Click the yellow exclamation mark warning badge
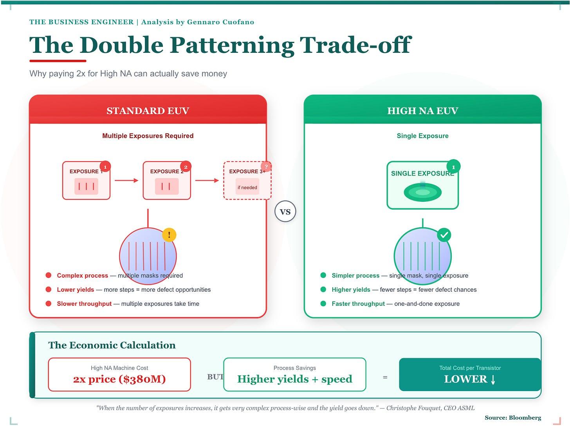(169, 235)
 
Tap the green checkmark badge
(444, 235)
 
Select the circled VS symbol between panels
(285, 212)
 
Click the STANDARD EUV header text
(148, 111)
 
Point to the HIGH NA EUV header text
(422, 111)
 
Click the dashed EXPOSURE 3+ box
(247, 181)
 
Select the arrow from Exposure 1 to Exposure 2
(126, 180)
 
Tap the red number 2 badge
(186, 167)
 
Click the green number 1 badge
(453, 167)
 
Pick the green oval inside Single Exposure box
(422, 192)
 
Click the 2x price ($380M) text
(119, 379)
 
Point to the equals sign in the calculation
(385, 378)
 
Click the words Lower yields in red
(76, 290)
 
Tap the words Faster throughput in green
(358, 304)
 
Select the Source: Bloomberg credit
(513, 418)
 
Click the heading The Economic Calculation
(112, 345)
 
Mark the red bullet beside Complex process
(49, 275)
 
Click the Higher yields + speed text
(295, 379)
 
